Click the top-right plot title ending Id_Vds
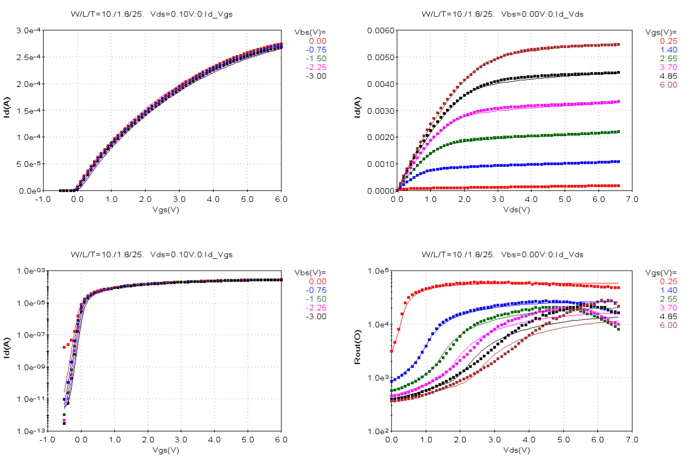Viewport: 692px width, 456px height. coord(502,14)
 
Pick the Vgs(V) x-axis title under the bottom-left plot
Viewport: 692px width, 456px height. coord(165,451)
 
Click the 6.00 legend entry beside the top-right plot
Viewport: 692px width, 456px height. coord(668,85)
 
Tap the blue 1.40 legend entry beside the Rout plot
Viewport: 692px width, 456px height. coord(668,290)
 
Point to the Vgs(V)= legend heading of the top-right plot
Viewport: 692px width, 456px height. coord(661,32)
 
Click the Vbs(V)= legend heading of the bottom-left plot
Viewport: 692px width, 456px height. coord(310,272)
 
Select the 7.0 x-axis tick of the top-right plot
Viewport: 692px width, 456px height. coord(631,200)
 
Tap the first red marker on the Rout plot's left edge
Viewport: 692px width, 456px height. coord(391,351)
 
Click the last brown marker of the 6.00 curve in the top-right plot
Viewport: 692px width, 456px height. coord(618,44)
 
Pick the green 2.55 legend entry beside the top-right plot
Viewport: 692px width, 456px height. coord(668,59)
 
